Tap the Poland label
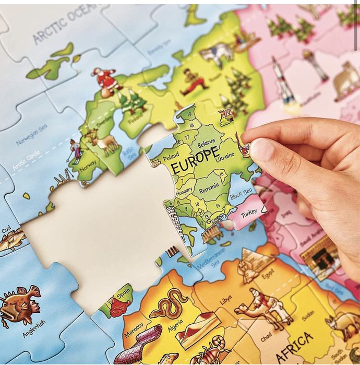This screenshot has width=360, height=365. pos(171,157)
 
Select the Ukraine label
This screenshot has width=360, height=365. pos(224,155)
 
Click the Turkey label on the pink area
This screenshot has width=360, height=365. pos(248,214)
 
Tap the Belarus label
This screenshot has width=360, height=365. pos(203,140)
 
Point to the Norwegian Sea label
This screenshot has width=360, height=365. pos(32,135)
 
